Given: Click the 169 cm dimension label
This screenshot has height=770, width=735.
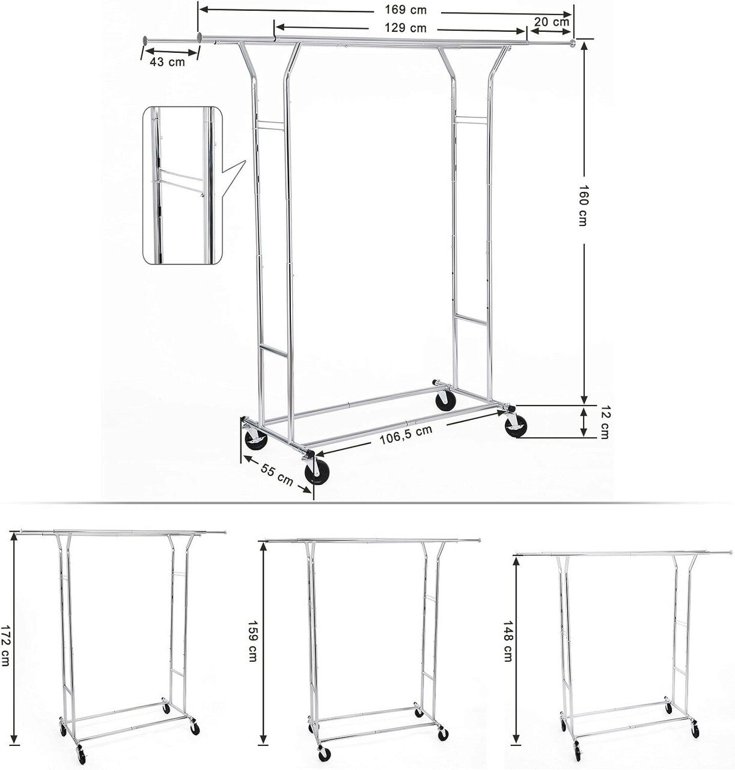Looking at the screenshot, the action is tap(406, 10).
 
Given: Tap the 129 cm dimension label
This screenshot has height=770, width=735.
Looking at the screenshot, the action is tap(406, 28).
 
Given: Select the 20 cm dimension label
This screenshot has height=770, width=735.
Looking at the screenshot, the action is tap(552, 22).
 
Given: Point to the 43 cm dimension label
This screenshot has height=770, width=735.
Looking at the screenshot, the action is tap(167, 62).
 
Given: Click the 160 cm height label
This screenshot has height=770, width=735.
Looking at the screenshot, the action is tap(583, 205).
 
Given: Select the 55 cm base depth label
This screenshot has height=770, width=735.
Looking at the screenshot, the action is tap(277, 475).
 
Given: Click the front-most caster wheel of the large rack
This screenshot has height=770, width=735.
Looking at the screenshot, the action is tap(316, 472).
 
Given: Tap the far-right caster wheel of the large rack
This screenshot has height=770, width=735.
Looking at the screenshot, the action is tap(516, 426).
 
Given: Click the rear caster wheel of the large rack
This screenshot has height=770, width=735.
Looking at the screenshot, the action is tap(445, 402).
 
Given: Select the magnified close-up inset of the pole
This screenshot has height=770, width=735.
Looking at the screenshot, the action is tap(183, 185).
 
